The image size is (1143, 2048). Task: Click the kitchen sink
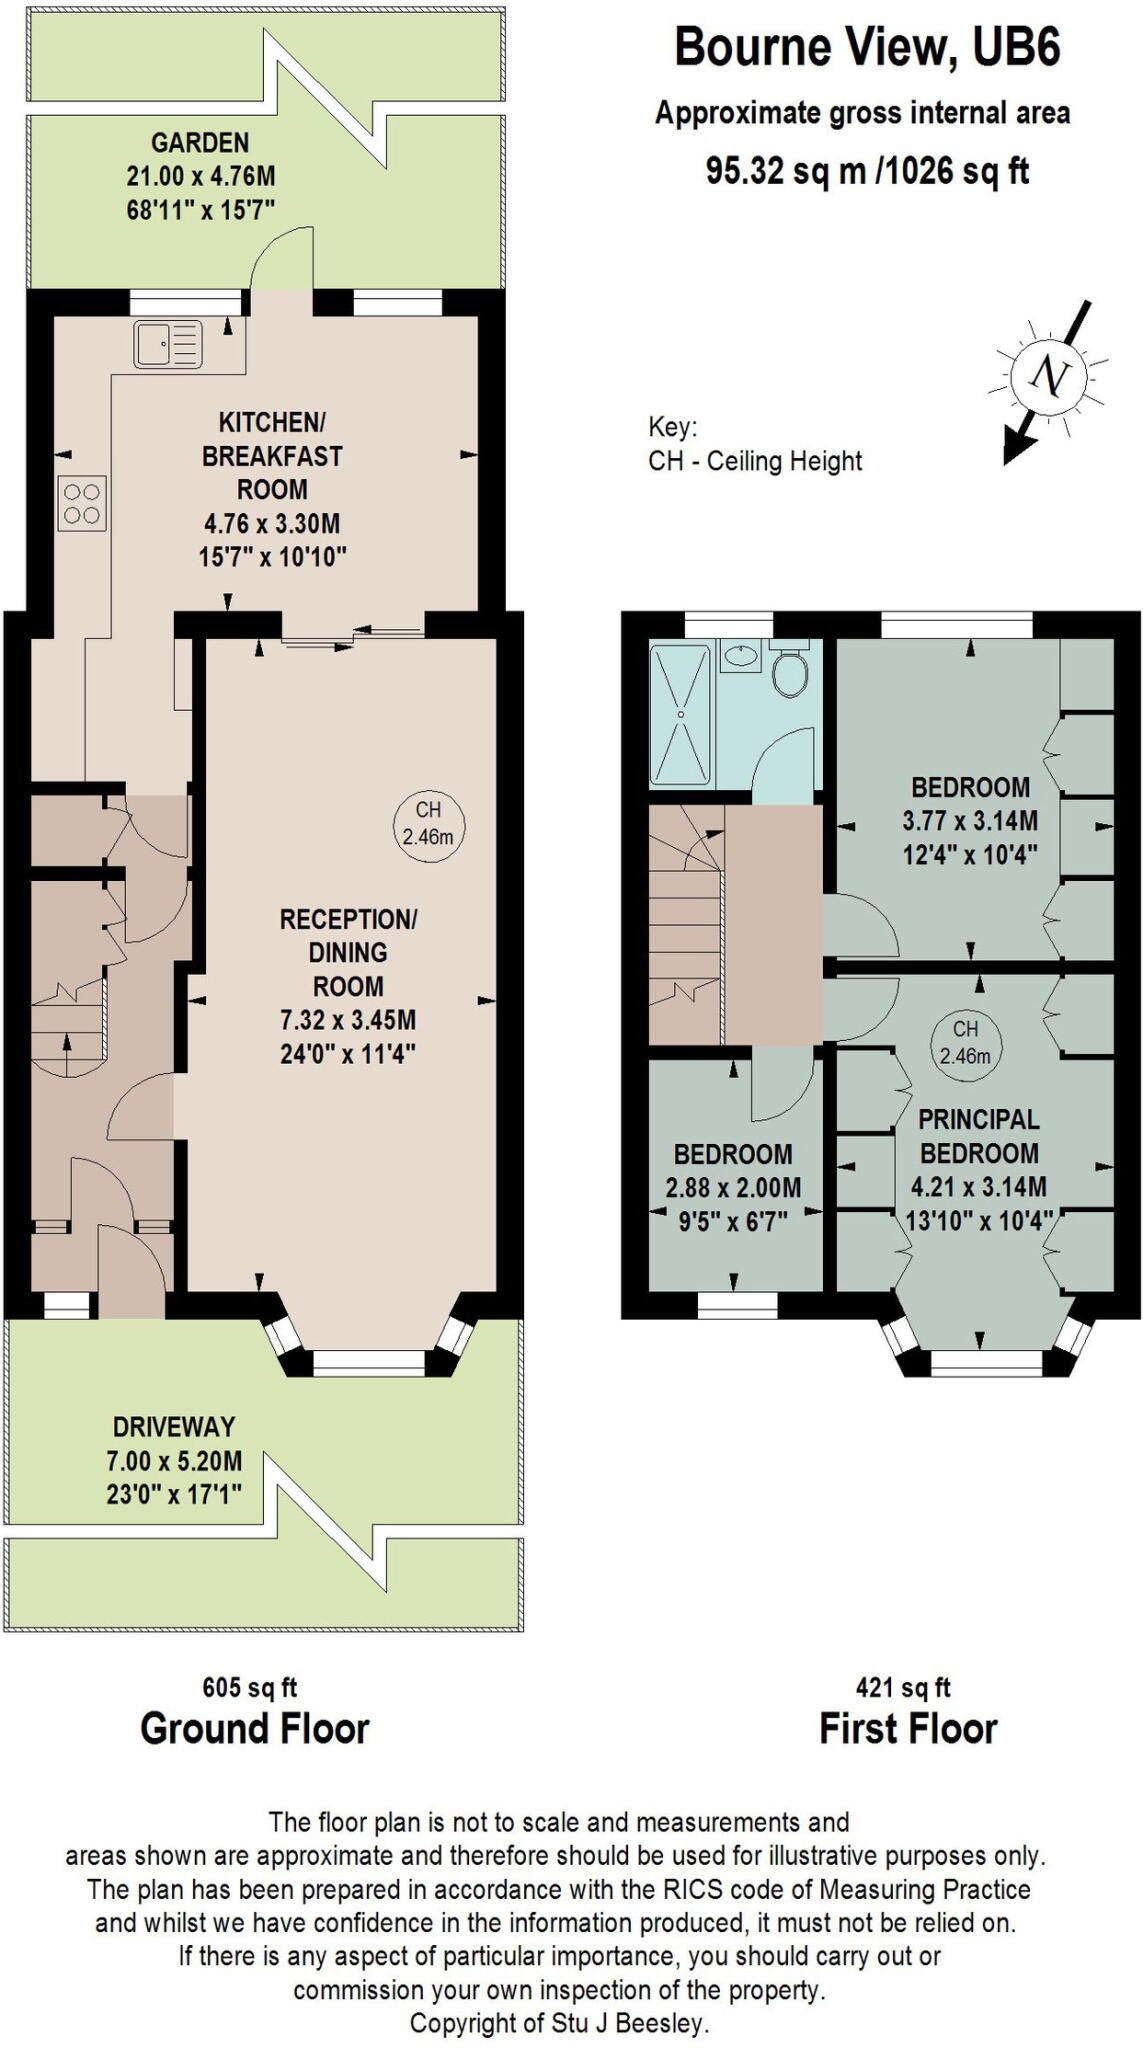(x=168, y=343)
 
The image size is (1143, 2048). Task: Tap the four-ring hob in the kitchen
(x=82, y=503)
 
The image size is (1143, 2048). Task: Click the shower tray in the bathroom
(x=681, y=714)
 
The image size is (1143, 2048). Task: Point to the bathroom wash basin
(x=740, y=656)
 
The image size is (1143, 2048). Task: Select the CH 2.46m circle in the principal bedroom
(x=965, y=1042)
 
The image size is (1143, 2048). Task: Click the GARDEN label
(x=200, y=143)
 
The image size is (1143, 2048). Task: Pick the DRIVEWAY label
(x=174, y=1427)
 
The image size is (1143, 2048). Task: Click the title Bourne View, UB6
(x=868, y=47)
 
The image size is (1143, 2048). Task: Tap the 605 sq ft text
(x=250, y=1687)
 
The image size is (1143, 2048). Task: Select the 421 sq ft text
(x=903, y=1687)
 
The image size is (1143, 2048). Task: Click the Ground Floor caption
(x=255, y=1729)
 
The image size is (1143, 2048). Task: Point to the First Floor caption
(x=908, y=1729)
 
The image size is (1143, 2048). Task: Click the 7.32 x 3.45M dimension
(x=348, y=1021)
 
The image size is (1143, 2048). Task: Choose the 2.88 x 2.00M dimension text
(x=733, y=1188)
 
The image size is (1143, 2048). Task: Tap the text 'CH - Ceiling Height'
(x=755, y=461)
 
